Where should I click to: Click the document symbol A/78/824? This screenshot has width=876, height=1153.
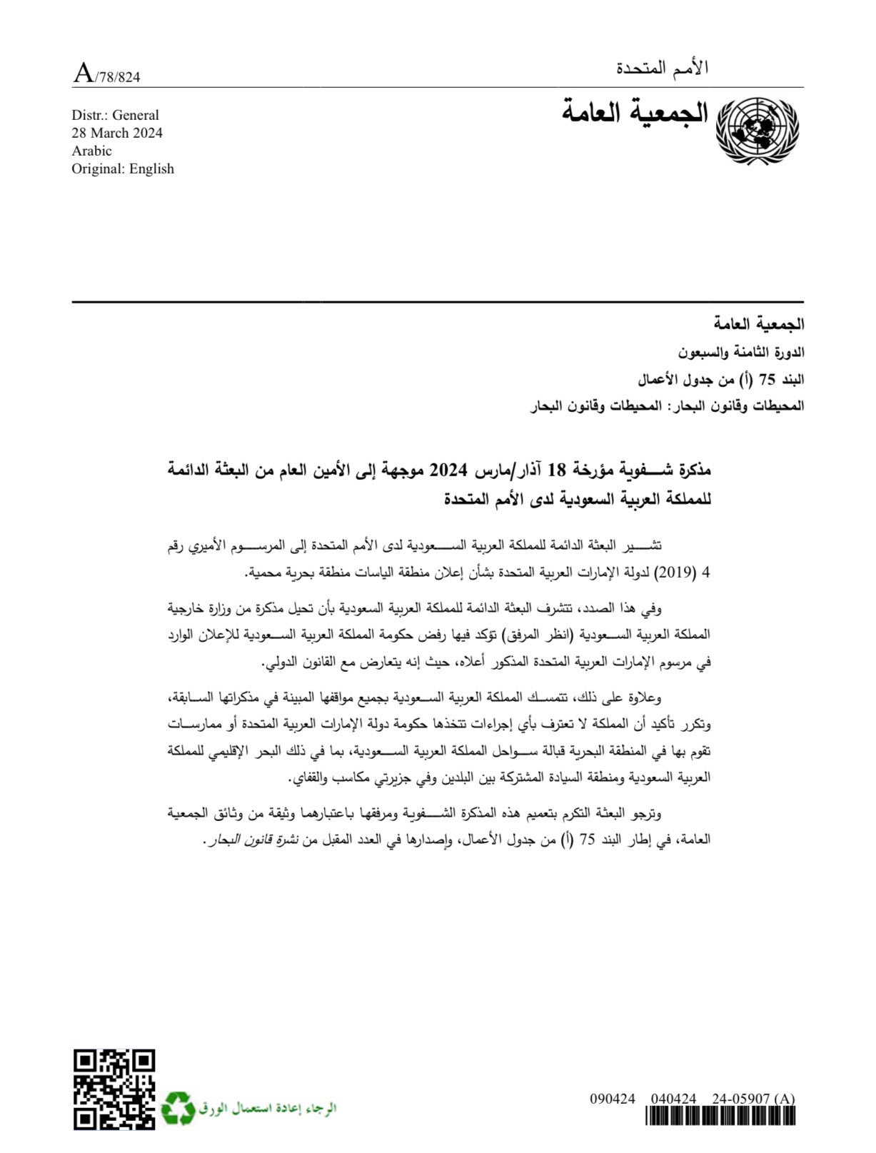tap(107, 74)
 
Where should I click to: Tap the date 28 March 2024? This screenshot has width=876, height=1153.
tap(117, 133)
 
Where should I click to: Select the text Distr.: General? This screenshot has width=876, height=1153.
tap(115, 115)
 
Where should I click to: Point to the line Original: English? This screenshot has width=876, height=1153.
tap(123, 168)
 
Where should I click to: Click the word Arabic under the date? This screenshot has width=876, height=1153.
tap(91, 151)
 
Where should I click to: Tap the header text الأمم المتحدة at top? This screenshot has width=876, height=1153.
tap(662, 69)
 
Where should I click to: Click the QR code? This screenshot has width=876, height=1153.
tap(114, 1089)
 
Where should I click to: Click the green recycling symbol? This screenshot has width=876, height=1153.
tap(177, 1107)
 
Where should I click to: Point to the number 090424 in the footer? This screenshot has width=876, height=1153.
tap(612, 1099)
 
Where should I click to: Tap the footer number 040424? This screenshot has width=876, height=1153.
tap(673, 1099)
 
